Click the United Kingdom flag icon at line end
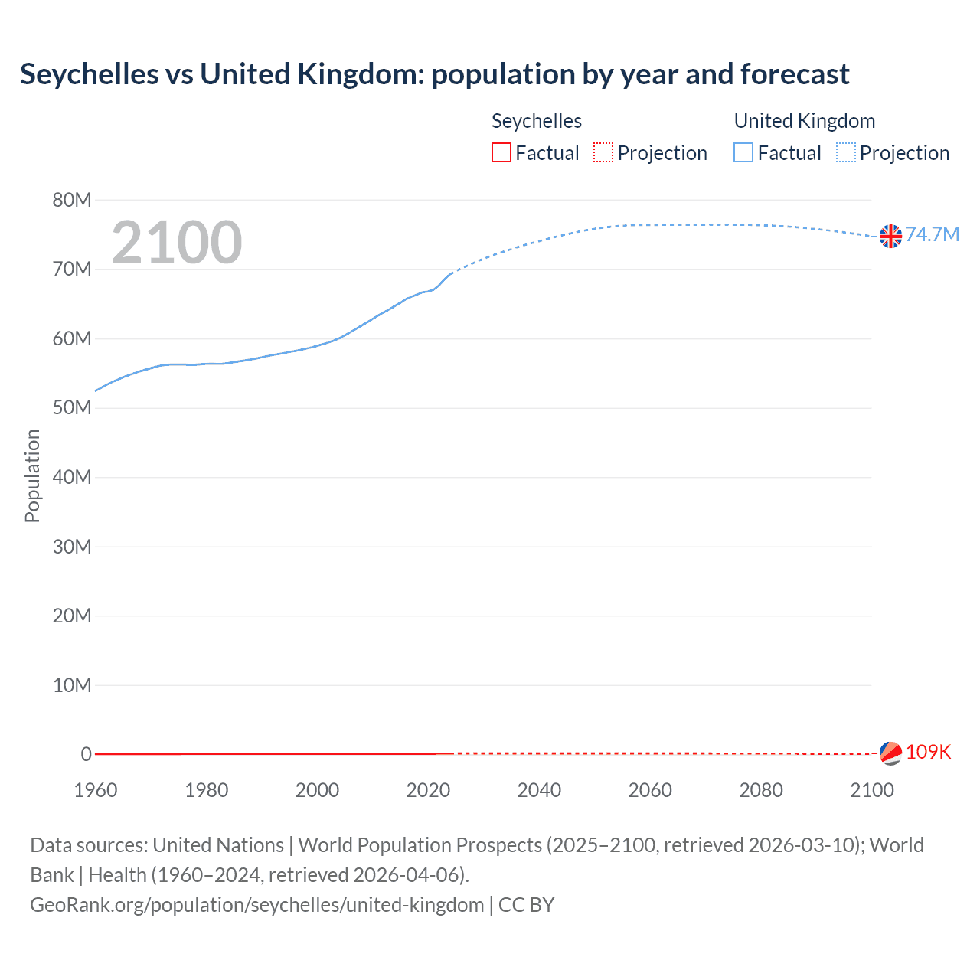tap(890, 236)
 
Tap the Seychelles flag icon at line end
tap(890, 753)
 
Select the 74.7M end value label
tap(932, 234)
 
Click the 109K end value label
tap(928, 752)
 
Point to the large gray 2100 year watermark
tap(177, 243)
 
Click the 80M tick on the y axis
tap(72, 200)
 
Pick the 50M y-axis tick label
tap(72, 407)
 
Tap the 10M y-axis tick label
tap(72, 684)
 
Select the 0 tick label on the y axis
tap(86, 754)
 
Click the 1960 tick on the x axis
tap(96, 790)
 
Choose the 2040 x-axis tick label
tap(539, 790)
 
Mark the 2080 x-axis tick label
tap(761, 790)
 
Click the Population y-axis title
tap(32, 475)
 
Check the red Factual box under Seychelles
tap(501, 152)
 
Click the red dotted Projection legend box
tap(603, 152)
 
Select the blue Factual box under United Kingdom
tap(743, 152)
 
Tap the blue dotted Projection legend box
tap(846, 152)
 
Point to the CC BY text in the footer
tap(526, 904)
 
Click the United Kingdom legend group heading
tap(804, 121)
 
